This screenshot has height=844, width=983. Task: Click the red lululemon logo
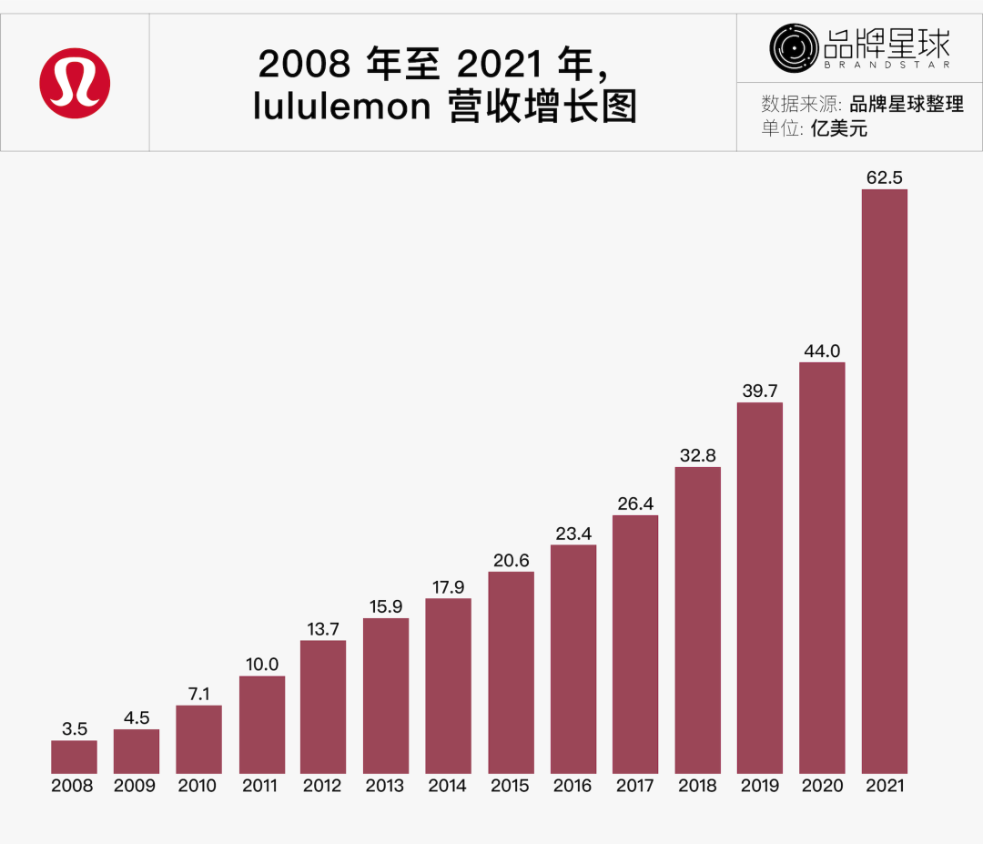tap(75, 83)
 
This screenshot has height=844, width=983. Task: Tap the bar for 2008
tap(74, 757)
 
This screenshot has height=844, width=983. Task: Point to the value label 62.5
tap(885, 178)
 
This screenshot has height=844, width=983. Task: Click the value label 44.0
tap(822, 351)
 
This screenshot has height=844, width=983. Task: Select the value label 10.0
tap(262, 665)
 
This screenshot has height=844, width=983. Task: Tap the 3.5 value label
tap(74, 728)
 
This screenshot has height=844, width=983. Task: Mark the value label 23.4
tap(573, 534)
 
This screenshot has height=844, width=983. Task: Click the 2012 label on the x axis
tap(323, 786)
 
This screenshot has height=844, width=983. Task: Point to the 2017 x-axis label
tap(634, 786)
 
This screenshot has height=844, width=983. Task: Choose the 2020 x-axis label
tap(822, 786)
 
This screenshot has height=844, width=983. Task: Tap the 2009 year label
tap(136, 786)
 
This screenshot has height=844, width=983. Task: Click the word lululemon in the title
tap(341, 107)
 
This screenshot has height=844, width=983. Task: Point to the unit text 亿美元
tap(839, 128)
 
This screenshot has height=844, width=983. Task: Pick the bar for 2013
tap(386, 696)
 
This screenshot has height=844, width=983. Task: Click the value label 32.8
tap(698, 455)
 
